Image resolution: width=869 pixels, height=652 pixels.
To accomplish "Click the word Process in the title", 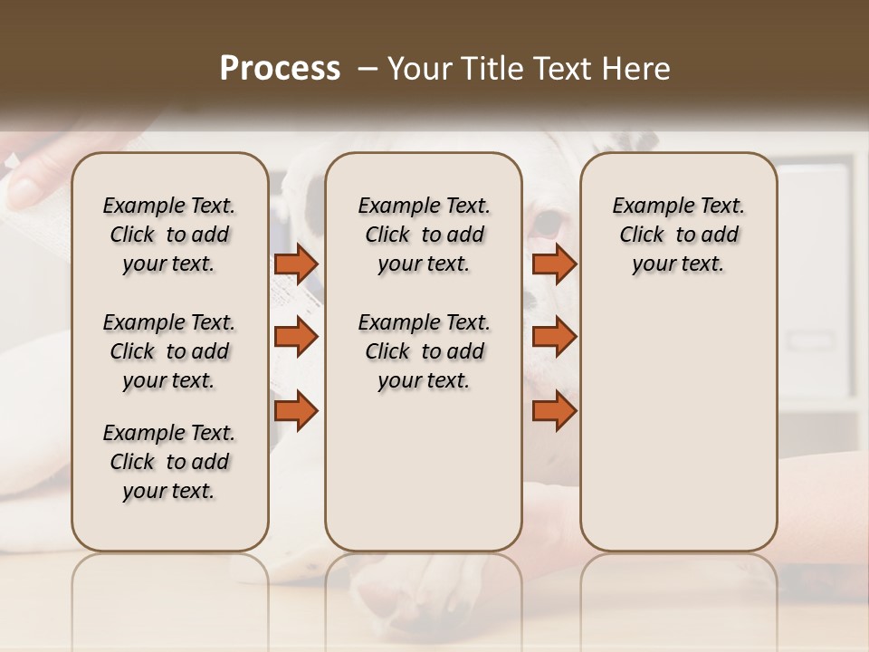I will tap(280, 69).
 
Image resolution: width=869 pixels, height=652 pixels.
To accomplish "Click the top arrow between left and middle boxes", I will tap(296, 264).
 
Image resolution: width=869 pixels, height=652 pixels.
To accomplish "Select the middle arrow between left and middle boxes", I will tap(296, 337).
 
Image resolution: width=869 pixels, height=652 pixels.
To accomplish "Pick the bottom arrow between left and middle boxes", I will tap(296, 411).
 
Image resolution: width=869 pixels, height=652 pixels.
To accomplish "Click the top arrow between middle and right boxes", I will tap(554, 264).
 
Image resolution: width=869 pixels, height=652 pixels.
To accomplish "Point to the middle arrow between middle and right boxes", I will tap(554, 337).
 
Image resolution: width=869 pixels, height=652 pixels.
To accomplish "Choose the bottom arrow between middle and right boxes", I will tap(554, 411).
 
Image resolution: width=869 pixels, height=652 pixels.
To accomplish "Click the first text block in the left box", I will tap(169, 235).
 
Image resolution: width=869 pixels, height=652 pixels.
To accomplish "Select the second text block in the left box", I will tap(169, 351).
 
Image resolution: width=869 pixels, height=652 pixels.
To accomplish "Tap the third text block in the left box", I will tap(169, 462).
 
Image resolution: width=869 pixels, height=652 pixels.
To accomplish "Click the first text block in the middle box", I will tap(425, 235).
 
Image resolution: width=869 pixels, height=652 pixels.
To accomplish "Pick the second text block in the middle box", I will tap(425, 351).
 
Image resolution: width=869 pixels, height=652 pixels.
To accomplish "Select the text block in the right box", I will tap(679, 235).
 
